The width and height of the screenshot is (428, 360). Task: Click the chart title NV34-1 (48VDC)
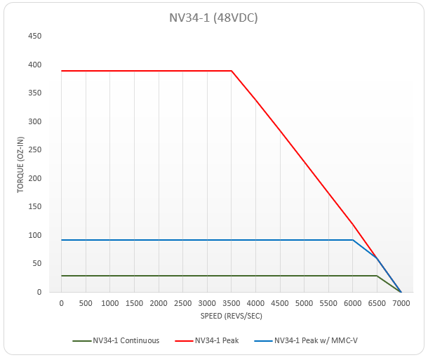pos(213,18)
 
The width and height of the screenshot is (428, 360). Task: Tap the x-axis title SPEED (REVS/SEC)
pos(231,315)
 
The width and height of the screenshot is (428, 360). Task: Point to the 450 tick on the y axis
pos(34,36)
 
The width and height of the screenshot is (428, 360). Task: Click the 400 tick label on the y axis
pos(34,65)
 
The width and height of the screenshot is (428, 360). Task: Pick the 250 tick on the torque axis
pos(34,149)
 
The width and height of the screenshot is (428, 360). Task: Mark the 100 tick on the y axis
pos(34,235)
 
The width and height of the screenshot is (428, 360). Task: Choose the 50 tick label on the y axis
pos(36,264)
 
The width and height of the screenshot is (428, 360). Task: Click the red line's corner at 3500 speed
pos(232,71)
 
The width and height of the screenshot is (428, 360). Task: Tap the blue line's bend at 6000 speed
pos(352,240)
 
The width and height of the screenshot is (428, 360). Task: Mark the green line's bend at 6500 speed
pos(377,276)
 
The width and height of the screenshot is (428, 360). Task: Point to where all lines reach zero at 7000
pos(401,292)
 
